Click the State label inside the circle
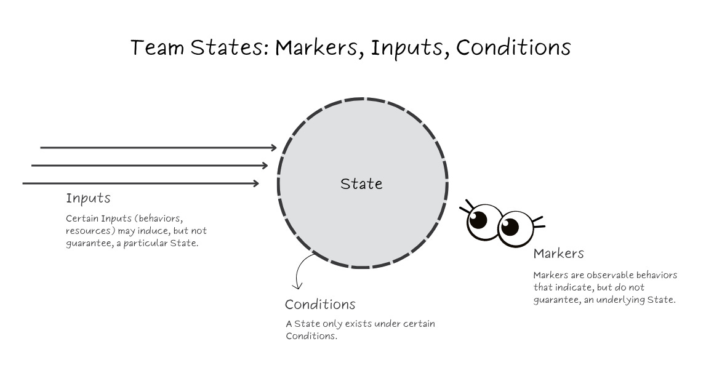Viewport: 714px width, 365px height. click(x=361, y=183)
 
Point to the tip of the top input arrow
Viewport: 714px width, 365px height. click(x=276, y=148)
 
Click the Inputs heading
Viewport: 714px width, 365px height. click(x=88, y=198)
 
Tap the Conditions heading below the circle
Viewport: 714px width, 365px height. click(x=320, y=304)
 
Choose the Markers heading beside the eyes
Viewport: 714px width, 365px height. click(x=558, y=253)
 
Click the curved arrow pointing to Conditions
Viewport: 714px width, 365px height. click(x=300, y=271)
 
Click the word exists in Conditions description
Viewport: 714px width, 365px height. click(x=353, y=324)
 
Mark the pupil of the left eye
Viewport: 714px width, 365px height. click(x=478, y=219)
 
